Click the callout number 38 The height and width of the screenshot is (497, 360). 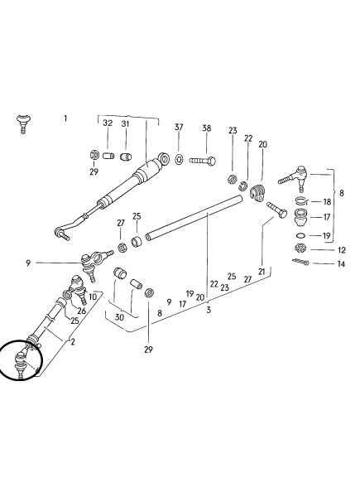206,128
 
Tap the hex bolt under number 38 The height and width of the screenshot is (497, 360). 203,161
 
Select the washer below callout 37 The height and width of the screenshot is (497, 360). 179,159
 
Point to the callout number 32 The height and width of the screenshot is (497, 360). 108,123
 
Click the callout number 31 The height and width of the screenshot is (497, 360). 126,123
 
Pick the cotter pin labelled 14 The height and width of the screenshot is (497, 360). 300,262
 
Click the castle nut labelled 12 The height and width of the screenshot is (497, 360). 300,248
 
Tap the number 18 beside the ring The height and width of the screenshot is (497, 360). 327,202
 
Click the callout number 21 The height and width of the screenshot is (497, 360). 262,272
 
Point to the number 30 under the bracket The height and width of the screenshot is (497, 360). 119,317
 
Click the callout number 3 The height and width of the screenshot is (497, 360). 209,310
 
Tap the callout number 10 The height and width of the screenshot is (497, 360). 93,297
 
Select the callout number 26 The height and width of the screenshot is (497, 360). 82,311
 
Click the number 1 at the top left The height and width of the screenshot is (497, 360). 65,118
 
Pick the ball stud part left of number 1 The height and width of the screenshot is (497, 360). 23,124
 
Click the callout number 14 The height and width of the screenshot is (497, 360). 341,263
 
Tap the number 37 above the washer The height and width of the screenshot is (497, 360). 179,127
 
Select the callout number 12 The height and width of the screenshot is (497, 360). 342,250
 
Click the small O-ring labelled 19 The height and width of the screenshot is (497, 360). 301,235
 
